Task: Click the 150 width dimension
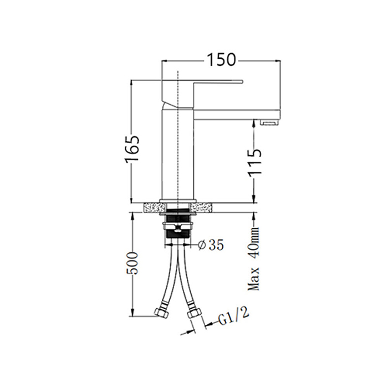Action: pyautogui.click(x=221, y=59)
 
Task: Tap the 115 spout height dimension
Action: pyautogui.click(x=254, y=162)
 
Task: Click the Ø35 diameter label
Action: pyautogui.click(x=210, y=245)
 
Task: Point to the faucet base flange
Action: pyautogui.click(x=178, y=201)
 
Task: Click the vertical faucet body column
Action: pyautogui.click(x=178, y=155)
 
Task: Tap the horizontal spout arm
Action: pyautogui.click(x=233, y=105)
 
